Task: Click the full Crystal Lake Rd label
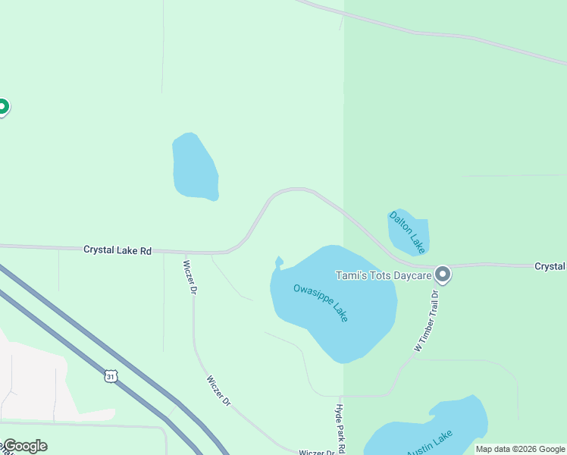117,249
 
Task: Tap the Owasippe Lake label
321,302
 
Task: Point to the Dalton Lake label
407,231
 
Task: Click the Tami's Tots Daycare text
384,275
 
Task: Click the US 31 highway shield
111,376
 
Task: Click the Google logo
25,446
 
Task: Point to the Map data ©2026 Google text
521,449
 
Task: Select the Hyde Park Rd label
340,428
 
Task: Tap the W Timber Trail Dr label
427,319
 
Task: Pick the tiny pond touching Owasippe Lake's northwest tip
279,263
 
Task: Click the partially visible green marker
2,107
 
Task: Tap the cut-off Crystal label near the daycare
550,266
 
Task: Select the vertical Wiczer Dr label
190,278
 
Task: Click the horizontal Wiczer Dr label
317,452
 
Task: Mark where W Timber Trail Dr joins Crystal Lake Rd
437,267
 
